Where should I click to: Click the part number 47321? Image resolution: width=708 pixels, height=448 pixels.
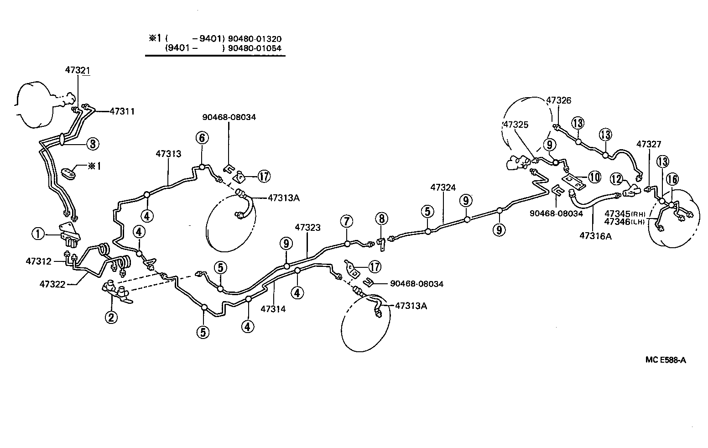tap(77, 70)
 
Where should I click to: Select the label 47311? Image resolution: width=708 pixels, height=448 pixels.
tap(122, 111)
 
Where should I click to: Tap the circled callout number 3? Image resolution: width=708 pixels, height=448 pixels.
tap(92, 144)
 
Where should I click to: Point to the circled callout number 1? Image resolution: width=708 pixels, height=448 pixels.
tap(38, 234)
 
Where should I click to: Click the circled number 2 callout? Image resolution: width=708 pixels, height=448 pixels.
tap(111, 317)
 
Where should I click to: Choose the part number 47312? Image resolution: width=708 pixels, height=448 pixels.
tap(38, 261)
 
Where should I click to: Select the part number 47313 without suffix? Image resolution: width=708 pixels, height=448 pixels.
tap(168, 154)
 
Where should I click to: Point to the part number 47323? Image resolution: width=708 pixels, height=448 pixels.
tap(307, 227)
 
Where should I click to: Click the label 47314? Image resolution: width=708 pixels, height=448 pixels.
tap(273, 309)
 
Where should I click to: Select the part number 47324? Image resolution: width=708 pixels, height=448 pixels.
tap(443, 187)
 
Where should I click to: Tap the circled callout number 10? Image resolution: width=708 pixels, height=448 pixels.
tap(594, 177)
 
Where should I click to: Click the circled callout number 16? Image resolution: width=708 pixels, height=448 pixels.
tap(672, 179)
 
